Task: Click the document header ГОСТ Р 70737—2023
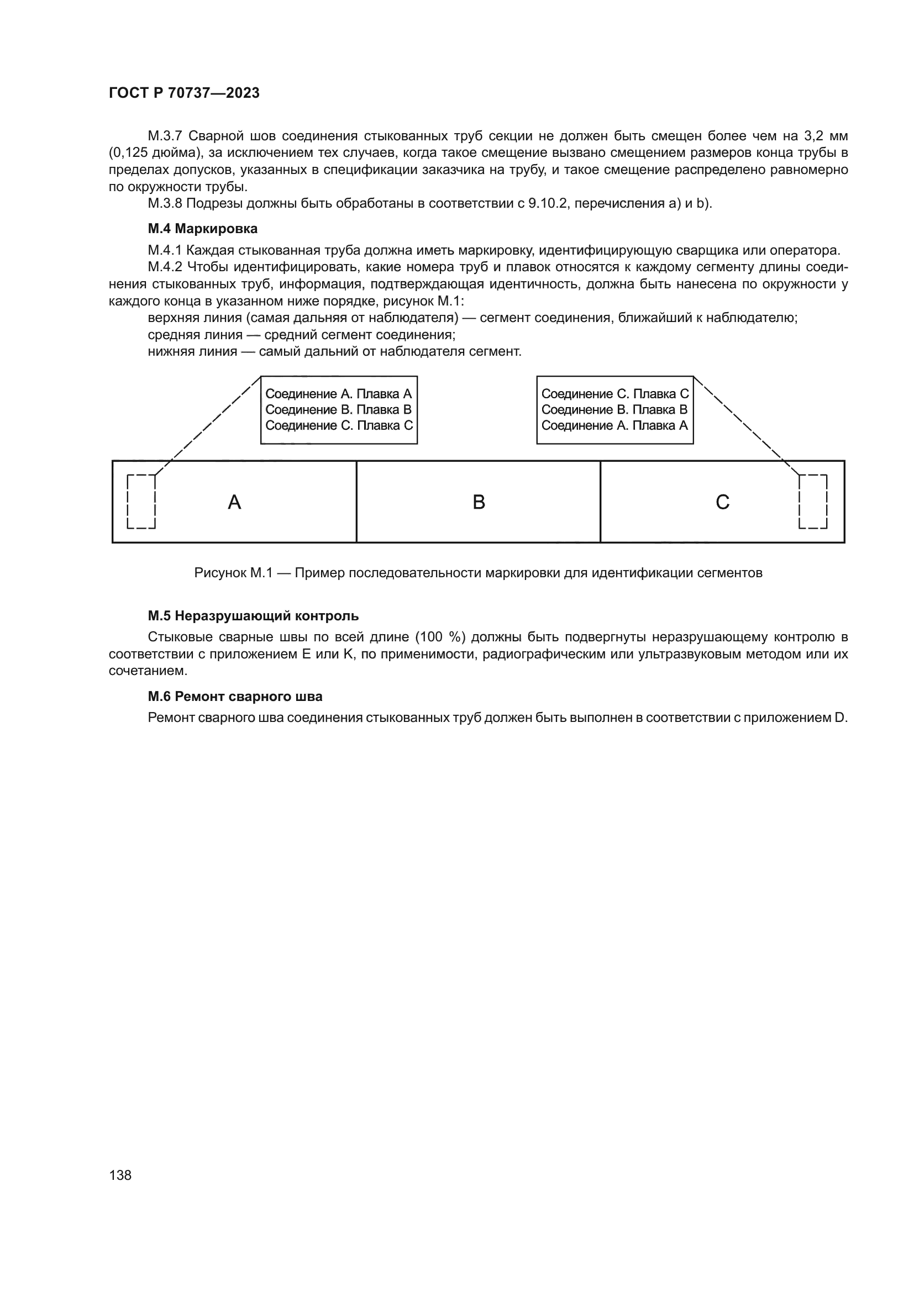(x=184, y=93)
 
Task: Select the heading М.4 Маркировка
(x=203, y=229)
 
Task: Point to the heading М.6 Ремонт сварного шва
(x=235, y=697)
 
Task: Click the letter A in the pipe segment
(x=234, y=502)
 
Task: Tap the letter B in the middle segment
(x=479, y=502)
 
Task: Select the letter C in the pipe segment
(x=723, y=502)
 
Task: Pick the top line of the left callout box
(x=338, y=394)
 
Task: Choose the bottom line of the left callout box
(x=338, y=425)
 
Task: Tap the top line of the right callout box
(x=614, y=394)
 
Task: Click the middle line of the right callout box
(x=614, y=410)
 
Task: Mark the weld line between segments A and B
(x=356, y=502)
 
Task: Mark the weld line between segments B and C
(x=601, y=502)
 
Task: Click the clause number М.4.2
(x=165, y=267)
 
